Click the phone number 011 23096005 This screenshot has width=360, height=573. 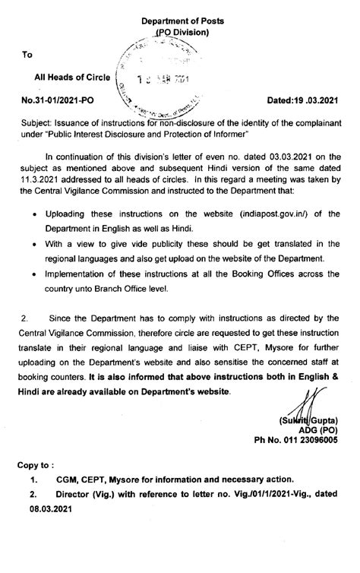point(306,441)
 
